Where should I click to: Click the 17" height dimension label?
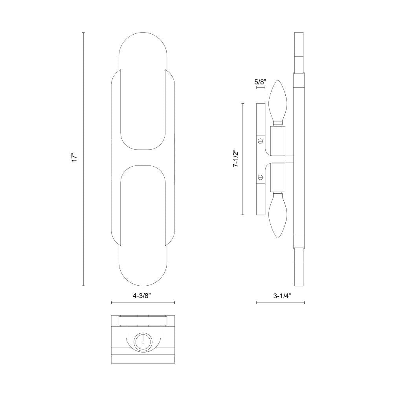click(x=74, y=158)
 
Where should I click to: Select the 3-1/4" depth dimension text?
click(x=282, y=296)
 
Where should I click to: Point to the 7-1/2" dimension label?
click(x=236, y=159)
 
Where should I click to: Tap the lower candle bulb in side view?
click(x=278, y=215)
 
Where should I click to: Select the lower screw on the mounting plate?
click(x=260, y=178)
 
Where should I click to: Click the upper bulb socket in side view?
click(x=278, y=140)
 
